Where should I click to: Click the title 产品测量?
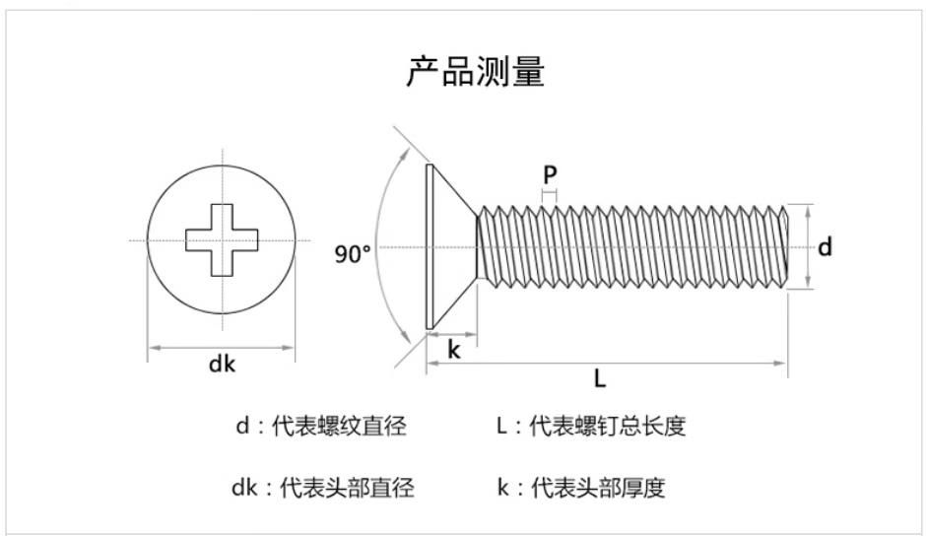[475, 72]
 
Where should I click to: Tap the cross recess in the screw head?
[223, 239]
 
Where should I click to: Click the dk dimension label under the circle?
[222, 365]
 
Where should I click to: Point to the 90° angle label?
[352, 253]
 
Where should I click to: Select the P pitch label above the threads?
[550, 174]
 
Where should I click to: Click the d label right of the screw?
[825, 246]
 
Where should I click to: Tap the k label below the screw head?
[454, 350]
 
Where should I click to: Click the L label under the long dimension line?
[600, 378]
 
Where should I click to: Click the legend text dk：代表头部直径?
[323, 487]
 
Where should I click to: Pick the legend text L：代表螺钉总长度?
[590, 426]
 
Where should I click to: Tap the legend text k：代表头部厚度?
[581, 487]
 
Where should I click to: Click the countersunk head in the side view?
[449, 246]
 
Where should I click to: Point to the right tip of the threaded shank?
[785, 246]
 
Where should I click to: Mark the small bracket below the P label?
[550, 196]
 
